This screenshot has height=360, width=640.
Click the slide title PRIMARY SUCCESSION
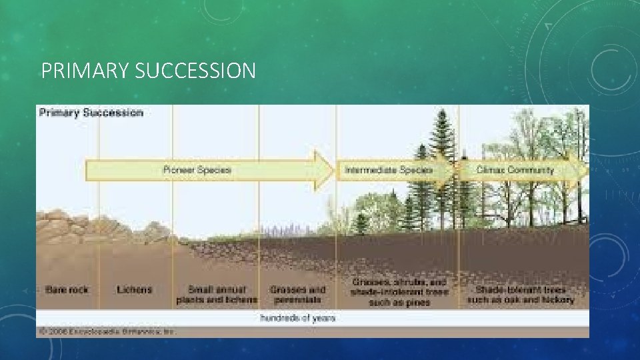point(148,71)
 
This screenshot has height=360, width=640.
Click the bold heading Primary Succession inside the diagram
point(91,113)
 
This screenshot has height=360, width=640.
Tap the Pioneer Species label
point(197,170)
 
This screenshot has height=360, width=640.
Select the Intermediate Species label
point(388,170)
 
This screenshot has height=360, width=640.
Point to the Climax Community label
point(515,170)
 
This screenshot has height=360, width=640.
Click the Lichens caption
point(134,290)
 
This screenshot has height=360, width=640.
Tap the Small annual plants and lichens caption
point(216,295)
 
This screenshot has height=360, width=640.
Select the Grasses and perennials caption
point(297,295)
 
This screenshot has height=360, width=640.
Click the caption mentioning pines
point(399,293)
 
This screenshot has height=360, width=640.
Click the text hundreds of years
point(297,318)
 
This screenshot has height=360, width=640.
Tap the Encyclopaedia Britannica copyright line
point(107,331)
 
